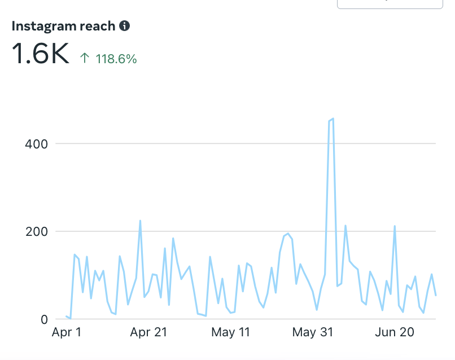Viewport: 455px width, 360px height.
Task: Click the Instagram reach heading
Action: (63, 26)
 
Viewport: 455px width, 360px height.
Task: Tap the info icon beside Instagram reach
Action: (125, 26)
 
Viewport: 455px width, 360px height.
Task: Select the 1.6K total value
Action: (40, 54)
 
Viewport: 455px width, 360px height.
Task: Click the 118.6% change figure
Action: (116, 59)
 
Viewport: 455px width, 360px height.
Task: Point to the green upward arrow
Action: (85, 58)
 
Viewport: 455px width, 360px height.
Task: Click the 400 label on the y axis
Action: (36, 144)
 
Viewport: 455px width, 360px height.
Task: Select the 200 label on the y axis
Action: (36, 231)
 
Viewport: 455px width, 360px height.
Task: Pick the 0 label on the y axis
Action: (43, 319)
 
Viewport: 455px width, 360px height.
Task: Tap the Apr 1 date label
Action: (67, 333)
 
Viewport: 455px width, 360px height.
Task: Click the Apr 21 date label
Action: (148, 333)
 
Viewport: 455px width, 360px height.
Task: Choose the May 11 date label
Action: (231, 333)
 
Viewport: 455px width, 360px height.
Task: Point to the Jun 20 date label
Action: (395, 333)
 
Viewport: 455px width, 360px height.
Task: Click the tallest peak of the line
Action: (333, 118)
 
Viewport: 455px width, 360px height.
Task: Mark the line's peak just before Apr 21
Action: (140, 221)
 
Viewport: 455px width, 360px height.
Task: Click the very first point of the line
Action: (66, 316)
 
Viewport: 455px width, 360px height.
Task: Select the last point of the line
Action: (436, 295)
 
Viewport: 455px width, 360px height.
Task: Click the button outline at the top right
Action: (390, 4)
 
